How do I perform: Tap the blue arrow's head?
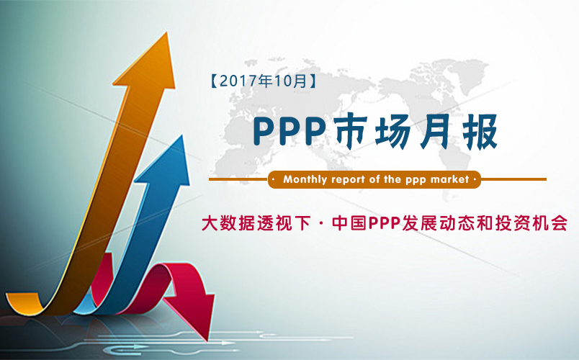(x=167, y=163)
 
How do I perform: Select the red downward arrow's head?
(x=194, y=314)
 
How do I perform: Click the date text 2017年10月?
(x=264, y=81)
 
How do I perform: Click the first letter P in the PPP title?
(x=265, y=132)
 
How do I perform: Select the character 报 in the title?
(x=480, y=132)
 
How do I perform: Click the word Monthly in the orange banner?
(x=305, y=180)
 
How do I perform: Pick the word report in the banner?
(x=349, y=180)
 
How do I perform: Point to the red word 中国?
(x=349, y=223)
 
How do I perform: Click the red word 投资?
(x=513, y=223)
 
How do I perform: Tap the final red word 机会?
(x=549, y=223)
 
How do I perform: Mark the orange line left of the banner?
(x=238, y=179)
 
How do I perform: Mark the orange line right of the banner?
(x=513, y=179)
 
